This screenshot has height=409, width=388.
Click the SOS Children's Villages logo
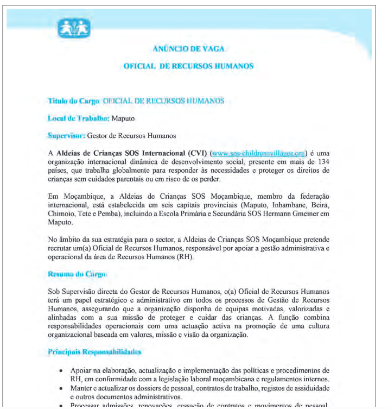tap(75, 27)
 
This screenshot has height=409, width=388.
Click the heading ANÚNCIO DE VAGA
tap(188, 48)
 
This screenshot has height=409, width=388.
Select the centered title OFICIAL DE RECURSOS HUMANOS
tap(188, 66)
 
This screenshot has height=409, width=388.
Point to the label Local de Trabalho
tap(79, 118)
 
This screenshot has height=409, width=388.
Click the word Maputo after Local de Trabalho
tap(123, 118)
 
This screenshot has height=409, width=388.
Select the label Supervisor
tap(66, 135)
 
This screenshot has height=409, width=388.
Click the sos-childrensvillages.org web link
tap(260, 153)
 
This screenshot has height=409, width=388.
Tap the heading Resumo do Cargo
tap(74, 274)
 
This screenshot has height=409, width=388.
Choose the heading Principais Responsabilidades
tap(95, 352)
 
